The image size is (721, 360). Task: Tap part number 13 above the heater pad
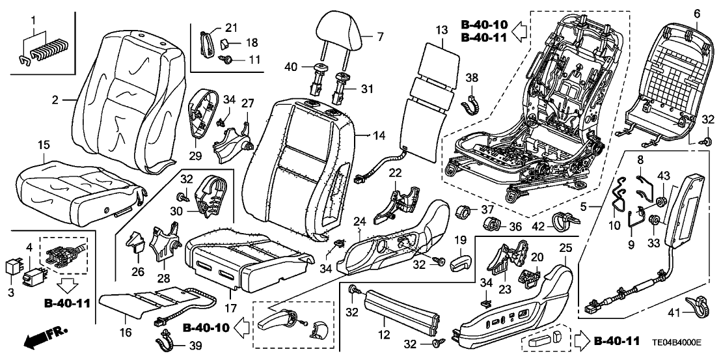point(442,30)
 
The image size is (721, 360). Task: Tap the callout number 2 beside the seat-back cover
point(56,100)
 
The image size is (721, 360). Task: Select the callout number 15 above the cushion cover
point(43,143)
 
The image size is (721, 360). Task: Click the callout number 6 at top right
point(697,14)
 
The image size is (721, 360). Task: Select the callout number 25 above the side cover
point(565,247)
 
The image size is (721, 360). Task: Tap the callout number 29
point(195,156)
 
